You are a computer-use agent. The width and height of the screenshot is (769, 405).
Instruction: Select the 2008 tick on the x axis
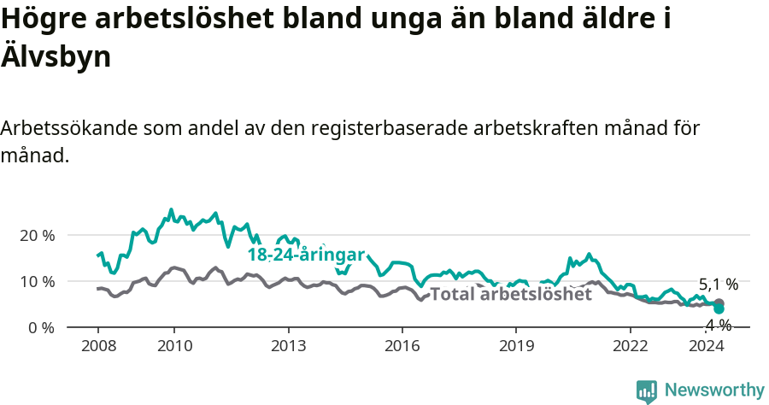point(97,346)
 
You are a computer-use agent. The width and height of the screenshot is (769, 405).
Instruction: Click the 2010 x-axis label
point(173,346)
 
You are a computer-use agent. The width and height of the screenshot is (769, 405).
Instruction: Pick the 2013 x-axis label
point(288,346)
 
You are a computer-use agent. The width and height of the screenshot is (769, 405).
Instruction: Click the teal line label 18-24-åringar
point(306,255)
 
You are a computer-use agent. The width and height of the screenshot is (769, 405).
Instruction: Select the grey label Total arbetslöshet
point(510,294)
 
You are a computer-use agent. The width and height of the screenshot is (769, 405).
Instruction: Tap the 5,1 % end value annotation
point(718,285)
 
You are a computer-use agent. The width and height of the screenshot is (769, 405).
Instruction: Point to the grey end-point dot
point(719,303)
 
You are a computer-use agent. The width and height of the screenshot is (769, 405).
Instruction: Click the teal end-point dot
point(719,309)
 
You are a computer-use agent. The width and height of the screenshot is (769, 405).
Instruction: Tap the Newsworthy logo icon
point(647,391)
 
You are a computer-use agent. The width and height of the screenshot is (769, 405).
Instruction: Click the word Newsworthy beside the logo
point(714,390)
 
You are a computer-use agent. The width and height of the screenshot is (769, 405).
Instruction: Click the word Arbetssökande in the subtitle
point(68,129)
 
